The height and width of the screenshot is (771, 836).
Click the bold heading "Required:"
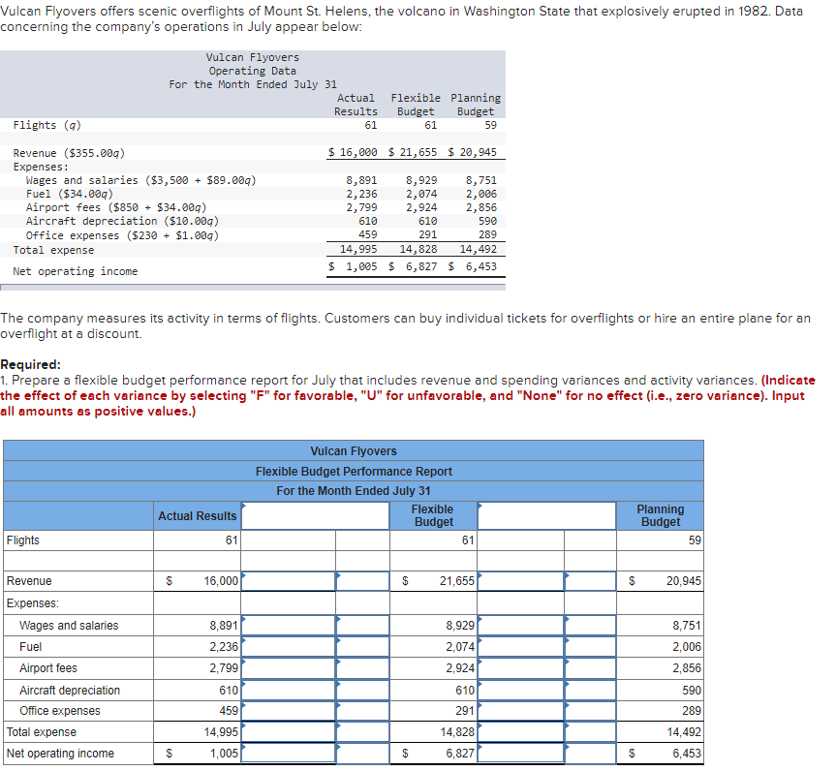[31, 365]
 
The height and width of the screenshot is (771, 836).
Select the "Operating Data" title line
[253, 71]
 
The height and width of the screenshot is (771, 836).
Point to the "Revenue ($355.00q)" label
[69, 153]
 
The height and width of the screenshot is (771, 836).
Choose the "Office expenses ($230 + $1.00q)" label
[122, 235]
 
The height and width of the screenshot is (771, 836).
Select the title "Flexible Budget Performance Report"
[354, 472]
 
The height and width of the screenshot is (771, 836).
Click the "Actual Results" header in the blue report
[197, 516]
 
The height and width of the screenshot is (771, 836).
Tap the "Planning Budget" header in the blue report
[660, 515]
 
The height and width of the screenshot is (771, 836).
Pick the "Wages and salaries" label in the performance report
[69, 626]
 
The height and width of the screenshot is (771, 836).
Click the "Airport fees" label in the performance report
[48, 668]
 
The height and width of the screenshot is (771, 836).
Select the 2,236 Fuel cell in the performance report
[224, 647]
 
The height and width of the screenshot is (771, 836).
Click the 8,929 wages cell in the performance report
[460, 626]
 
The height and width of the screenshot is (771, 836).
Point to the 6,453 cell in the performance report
[686, 754]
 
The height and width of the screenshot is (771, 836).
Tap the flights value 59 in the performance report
[695, 540]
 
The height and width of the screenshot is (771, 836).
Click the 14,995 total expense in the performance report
[222, 732]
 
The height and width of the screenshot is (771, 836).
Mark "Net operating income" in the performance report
[60, 754]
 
